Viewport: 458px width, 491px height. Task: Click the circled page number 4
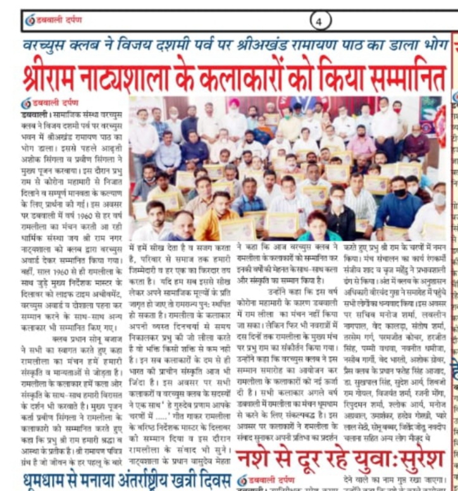pos(319,22)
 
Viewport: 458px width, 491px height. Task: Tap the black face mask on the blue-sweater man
pos(398,193)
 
